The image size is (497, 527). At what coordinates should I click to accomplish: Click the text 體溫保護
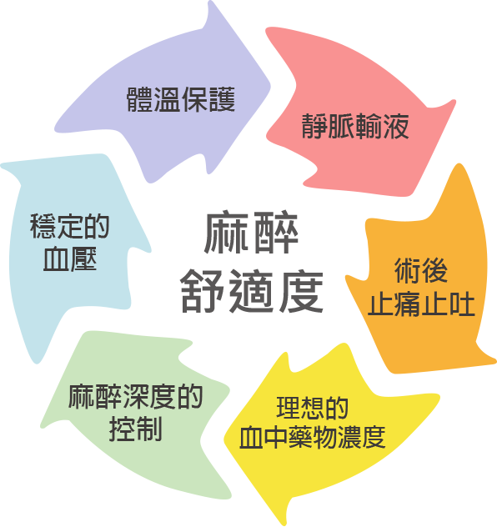click(181, 99)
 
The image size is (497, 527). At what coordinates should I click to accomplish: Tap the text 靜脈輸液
click(355, 127)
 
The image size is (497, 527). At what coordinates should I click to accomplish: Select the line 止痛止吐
click(421, 304)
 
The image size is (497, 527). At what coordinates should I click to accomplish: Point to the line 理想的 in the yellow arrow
click(312, 408)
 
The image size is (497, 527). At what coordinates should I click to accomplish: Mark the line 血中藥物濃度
click(312, 437)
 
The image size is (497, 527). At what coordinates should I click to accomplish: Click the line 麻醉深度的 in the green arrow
click(135, 397)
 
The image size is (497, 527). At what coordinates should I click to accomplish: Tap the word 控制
click(135, 429)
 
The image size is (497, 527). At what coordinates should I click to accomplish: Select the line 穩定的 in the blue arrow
click(70, 226)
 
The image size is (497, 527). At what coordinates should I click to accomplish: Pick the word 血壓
click(70, 258)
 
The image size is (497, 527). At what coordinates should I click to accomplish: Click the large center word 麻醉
click(251, 233)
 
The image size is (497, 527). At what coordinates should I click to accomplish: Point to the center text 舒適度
click(252, 291)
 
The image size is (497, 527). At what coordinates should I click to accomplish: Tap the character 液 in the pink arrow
click(396, 127)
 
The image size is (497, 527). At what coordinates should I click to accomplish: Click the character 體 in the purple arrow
click(140, 99)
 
